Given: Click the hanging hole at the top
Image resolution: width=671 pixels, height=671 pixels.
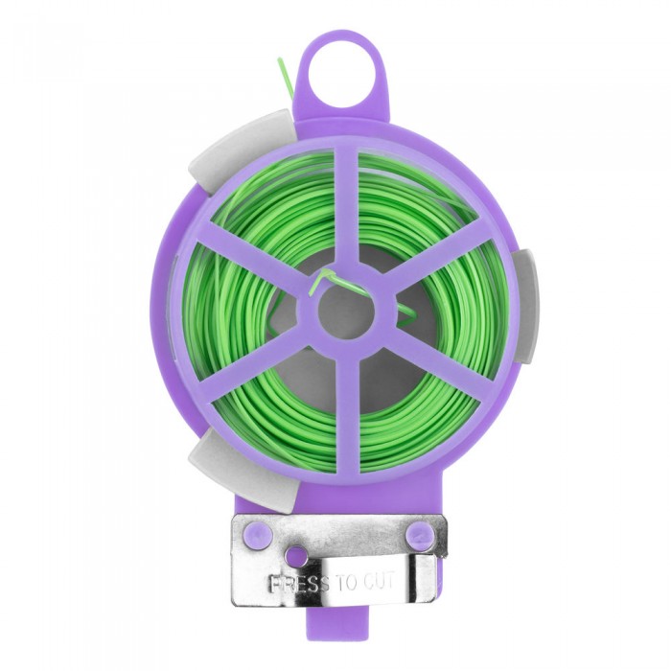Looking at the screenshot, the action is [340, 81].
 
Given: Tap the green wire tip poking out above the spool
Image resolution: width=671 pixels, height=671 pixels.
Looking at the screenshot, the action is [284, 73].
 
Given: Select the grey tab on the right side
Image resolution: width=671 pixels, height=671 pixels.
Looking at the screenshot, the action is [524, 306].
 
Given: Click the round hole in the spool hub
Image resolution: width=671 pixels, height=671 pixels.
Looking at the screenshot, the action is [347, 312].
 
